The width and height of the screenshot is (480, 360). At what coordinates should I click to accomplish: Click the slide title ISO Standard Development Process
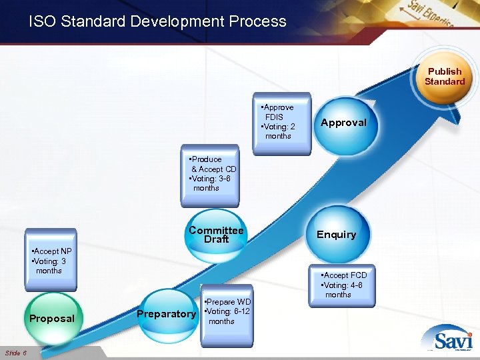click(157, 21)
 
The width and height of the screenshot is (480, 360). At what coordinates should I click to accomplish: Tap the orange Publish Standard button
click(444, 77)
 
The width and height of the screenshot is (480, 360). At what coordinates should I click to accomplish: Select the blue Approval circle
click(343, 123)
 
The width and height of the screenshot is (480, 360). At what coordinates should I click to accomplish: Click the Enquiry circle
click(336, 234)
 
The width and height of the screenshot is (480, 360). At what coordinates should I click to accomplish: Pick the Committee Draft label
click(216, 235)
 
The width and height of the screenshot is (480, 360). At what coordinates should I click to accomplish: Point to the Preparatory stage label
click(166, 314)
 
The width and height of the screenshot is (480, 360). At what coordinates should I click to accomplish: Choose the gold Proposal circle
click(52, 318)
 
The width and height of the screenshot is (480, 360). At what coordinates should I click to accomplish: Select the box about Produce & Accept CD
click(211, 174)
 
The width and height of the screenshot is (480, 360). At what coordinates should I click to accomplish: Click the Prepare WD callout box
click(227, 311)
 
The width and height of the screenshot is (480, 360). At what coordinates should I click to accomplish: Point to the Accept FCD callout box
click(343, 285)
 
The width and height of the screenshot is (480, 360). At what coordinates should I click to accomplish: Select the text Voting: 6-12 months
click(227, 316)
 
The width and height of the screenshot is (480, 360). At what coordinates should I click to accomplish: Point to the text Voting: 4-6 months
click(343, 289)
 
